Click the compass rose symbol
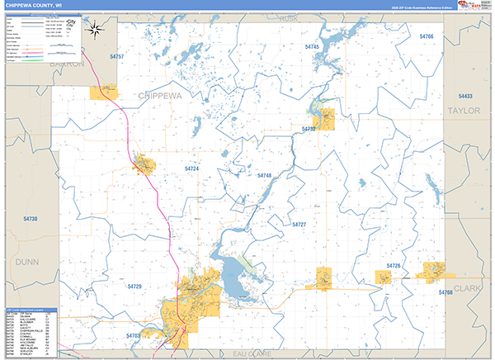tap(96, 31)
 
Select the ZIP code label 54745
tap(312, 48)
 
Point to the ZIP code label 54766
tap(426, 37)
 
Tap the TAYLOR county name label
tap(463, 110)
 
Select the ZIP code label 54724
tap(191, 168)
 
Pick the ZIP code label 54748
tap(264, 176)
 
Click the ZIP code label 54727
tap(299, 225)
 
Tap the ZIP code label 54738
tap(31, 218)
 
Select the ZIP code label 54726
tap(394, 266)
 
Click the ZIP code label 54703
tap(134, 336)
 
